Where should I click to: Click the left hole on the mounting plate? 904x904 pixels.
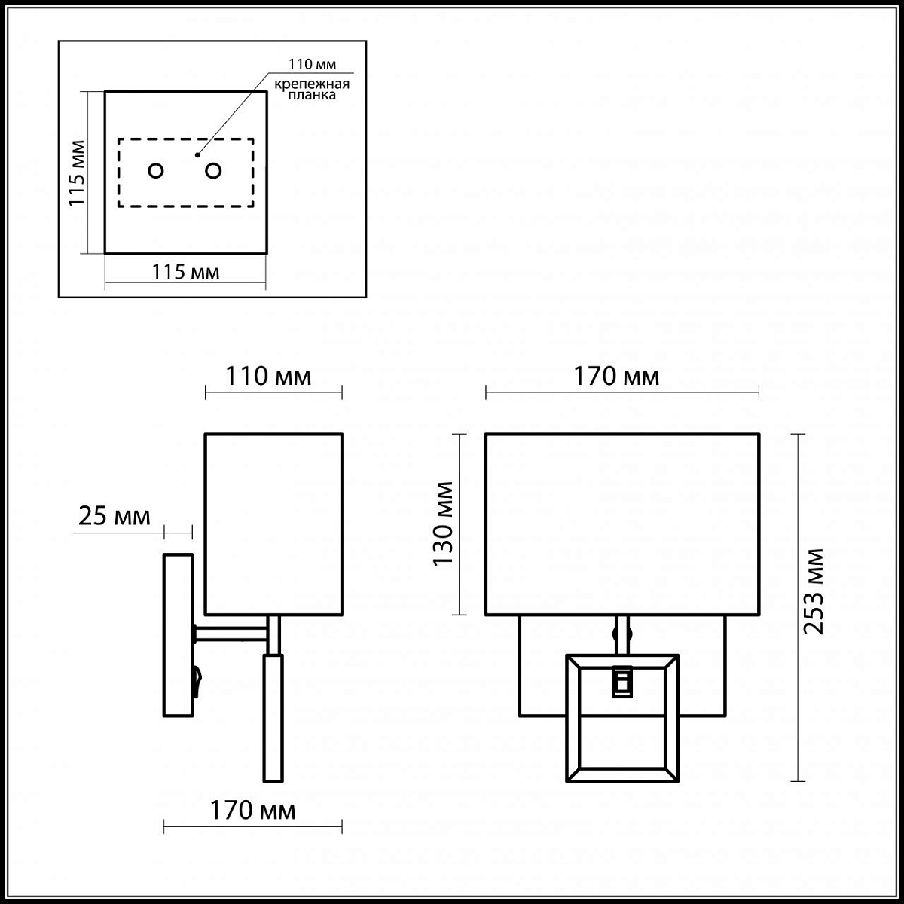pyautogui.click(x=156, y=170)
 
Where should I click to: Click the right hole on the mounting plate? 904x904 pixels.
pyautogui.click(x=213, y=170)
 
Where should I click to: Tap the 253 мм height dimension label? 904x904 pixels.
pyautogui.click(x=814, y=591)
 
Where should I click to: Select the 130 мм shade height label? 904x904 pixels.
pyautogui.click(x=443, y=524)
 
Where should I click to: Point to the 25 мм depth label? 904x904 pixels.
pyautogui.click(x=115, y=517)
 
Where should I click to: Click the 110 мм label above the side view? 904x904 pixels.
pyautogui.click(x=268, y=376)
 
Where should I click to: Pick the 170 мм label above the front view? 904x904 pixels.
pyautogui.click(x=616, y=376)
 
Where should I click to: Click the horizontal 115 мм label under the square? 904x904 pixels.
pyautogui.click(x=186, y=272)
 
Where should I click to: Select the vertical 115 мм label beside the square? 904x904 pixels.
pyautogui.click(x=77, y=173)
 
